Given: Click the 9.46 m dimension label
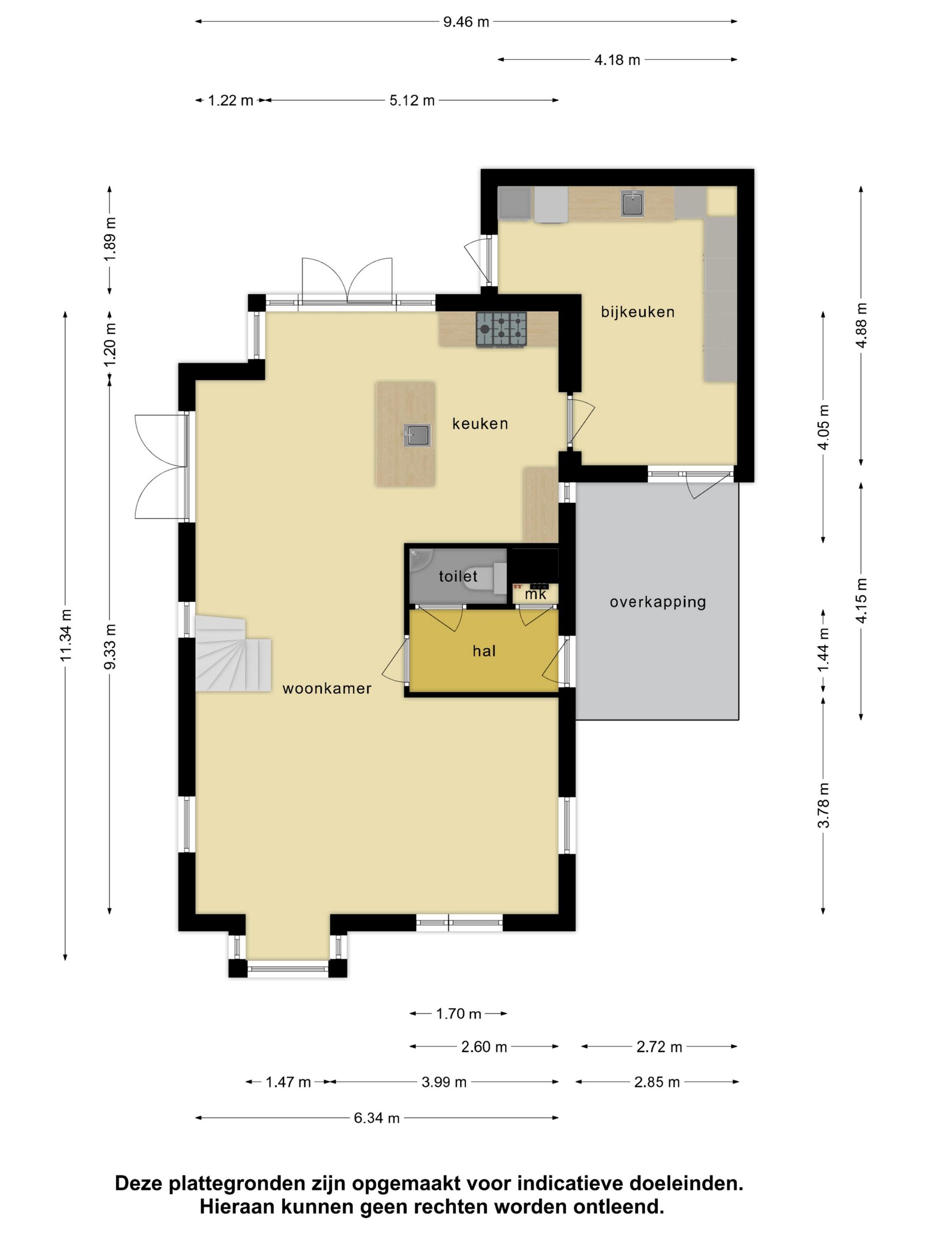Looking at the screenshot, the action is [466, 22].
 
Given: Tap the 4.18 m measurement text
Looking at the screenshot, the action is [617, 59].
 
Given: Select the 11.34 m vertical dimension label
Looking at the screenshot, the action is [66, 636].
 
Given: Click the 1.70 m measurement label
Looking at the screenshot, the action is [458, 1014].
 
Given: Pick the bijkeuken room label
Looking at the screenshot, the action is [638, 312].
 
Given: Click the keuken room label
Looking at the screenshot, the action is [480, 424].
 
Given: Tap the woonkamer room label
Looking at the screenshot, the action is [327, 688].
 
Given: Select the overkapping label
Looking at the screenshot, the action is [657, 602].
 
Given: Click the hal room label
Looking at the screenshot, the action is [484, 650].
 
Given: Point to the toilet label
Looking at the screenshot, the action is [458, 576].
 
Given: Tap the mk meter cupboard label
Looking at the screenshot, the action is [535, 595].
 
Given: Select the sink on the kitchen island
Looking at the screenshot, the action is [418, 435].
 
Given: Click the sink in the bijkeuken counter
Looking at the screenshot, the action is [632, 203].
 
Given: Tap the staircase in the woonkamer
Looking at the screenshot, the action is [232, 654].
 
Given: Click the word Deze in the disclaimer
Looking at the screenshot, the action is [138, 1183].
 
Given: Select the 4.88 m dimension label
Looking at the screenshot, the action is [861, 325].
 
